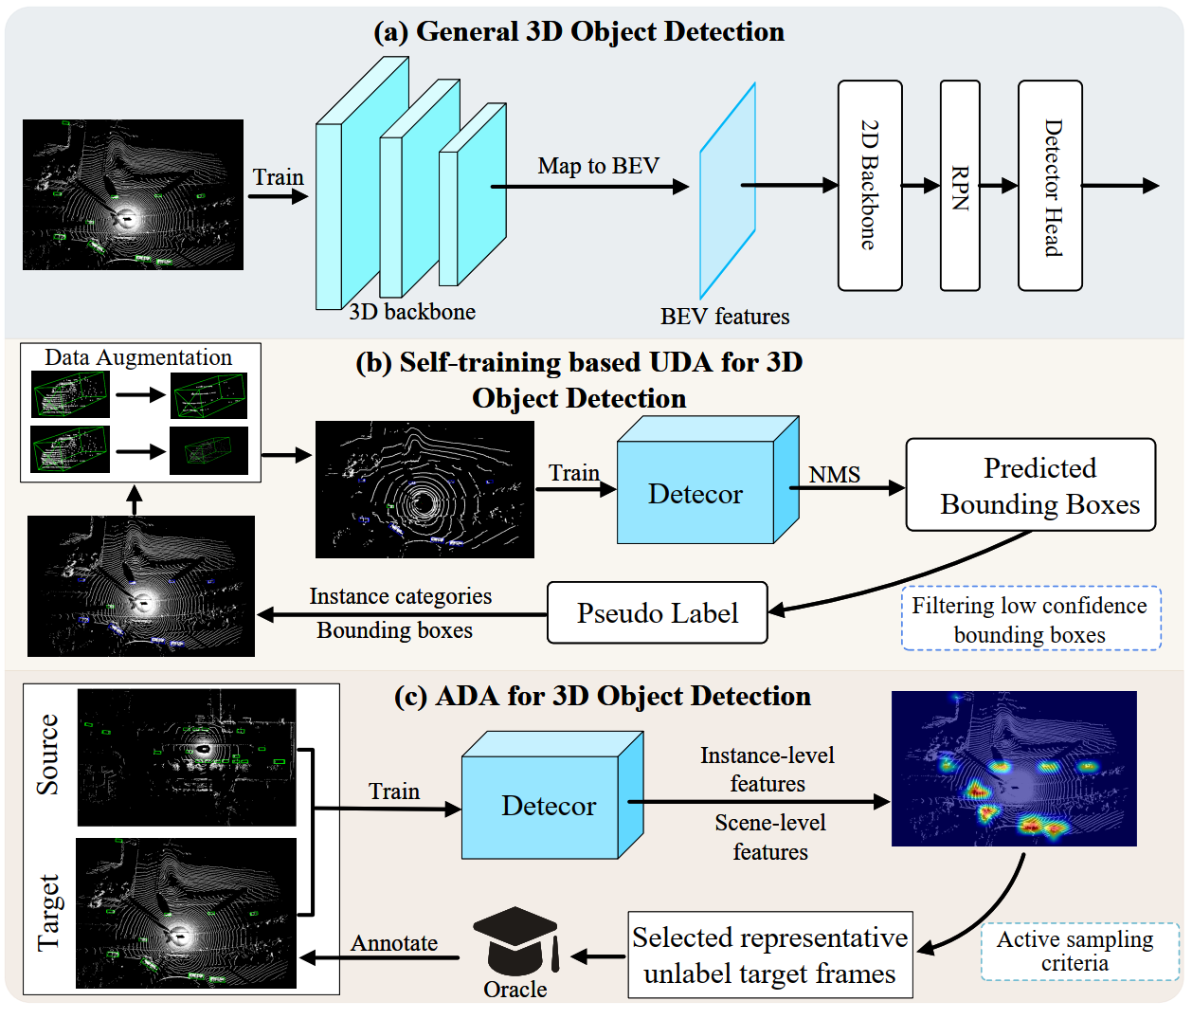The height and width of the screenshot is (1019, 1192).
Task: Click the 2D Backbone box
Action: (870, 185)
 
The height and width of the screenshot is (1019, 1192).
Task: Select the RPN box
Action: (960, 185)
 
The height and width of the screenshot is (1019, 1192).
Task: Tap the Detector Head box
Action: (1050, 185)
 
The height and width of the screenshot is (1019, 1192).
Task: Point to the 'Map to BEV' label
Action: (598, 166)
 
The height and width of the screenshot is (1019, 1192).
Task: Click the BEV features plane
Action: (728, 191)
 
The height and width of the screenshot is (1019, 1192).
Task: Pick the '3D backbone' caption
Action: (412, 312)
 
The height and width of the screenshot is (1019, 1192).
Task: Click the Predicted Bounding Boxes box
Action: (1031, 484)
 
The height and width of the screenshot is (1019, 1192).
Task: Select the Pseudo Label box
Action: (657, 612)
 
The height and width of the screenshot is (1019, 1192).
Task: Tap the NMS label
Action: (834, 474)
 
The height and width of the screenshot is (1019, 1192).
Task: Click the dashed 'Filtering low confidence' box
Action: (1031, 618)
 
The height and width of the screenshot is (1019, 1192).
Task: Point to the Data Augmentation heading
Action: (138, 357)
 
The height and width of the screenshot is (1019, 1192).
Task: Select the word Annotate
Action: (394, 943)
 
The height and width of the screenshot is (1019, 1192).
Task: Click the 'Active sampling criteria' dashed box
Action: (1080, 951)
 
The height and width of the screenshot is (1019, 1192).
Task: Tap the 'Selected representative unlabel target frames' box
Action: (769, 955)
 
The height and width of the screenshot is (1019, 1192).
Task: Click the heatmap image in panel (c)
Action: (1014, 769)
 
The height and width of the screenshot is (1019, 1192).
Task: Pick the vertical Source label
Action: (47, 755)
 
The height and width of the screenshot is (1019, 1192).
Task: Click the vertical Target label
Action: (48, 913)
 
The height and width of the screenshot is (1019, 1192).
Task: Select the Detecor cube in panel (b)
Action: (708, 480)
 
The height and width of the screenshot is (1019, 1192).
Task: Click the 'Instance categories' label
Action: (401, 596)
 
